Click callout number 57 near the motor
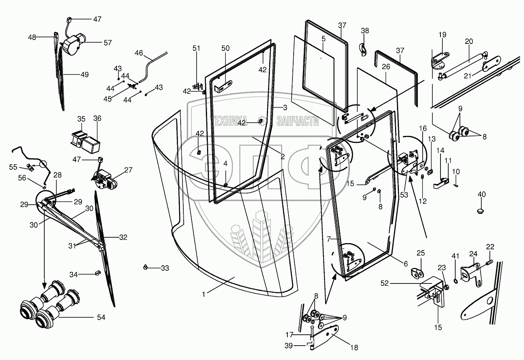tap(107, 43)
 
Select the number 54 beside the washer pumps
tap(101, 318)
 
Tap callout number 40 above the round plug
tap(481, 194)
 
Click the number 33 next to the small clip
tap(165, 268)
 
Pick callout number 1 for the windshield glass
tap(203, 294)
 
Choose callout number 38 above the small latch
tap(365, 31)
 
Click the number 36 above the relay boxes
tap(97, 118)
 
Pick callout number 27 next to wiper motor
tap(128, 170)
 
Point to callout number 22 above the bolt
tap(490, 246)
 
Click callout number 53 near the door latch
tap(404, 195)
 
